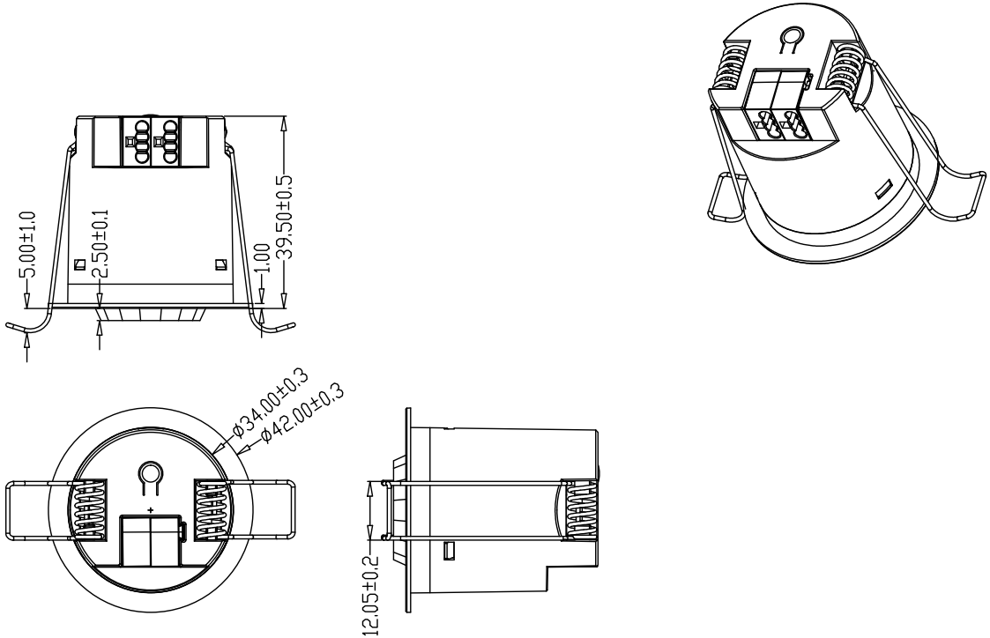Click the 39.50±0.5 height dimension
[x=287, y=217]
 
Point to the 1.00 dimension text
[x=264, y=257]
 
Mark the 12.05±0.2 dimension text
[x=370, y=596]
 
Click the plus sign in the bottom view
[x=150, y=509]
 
